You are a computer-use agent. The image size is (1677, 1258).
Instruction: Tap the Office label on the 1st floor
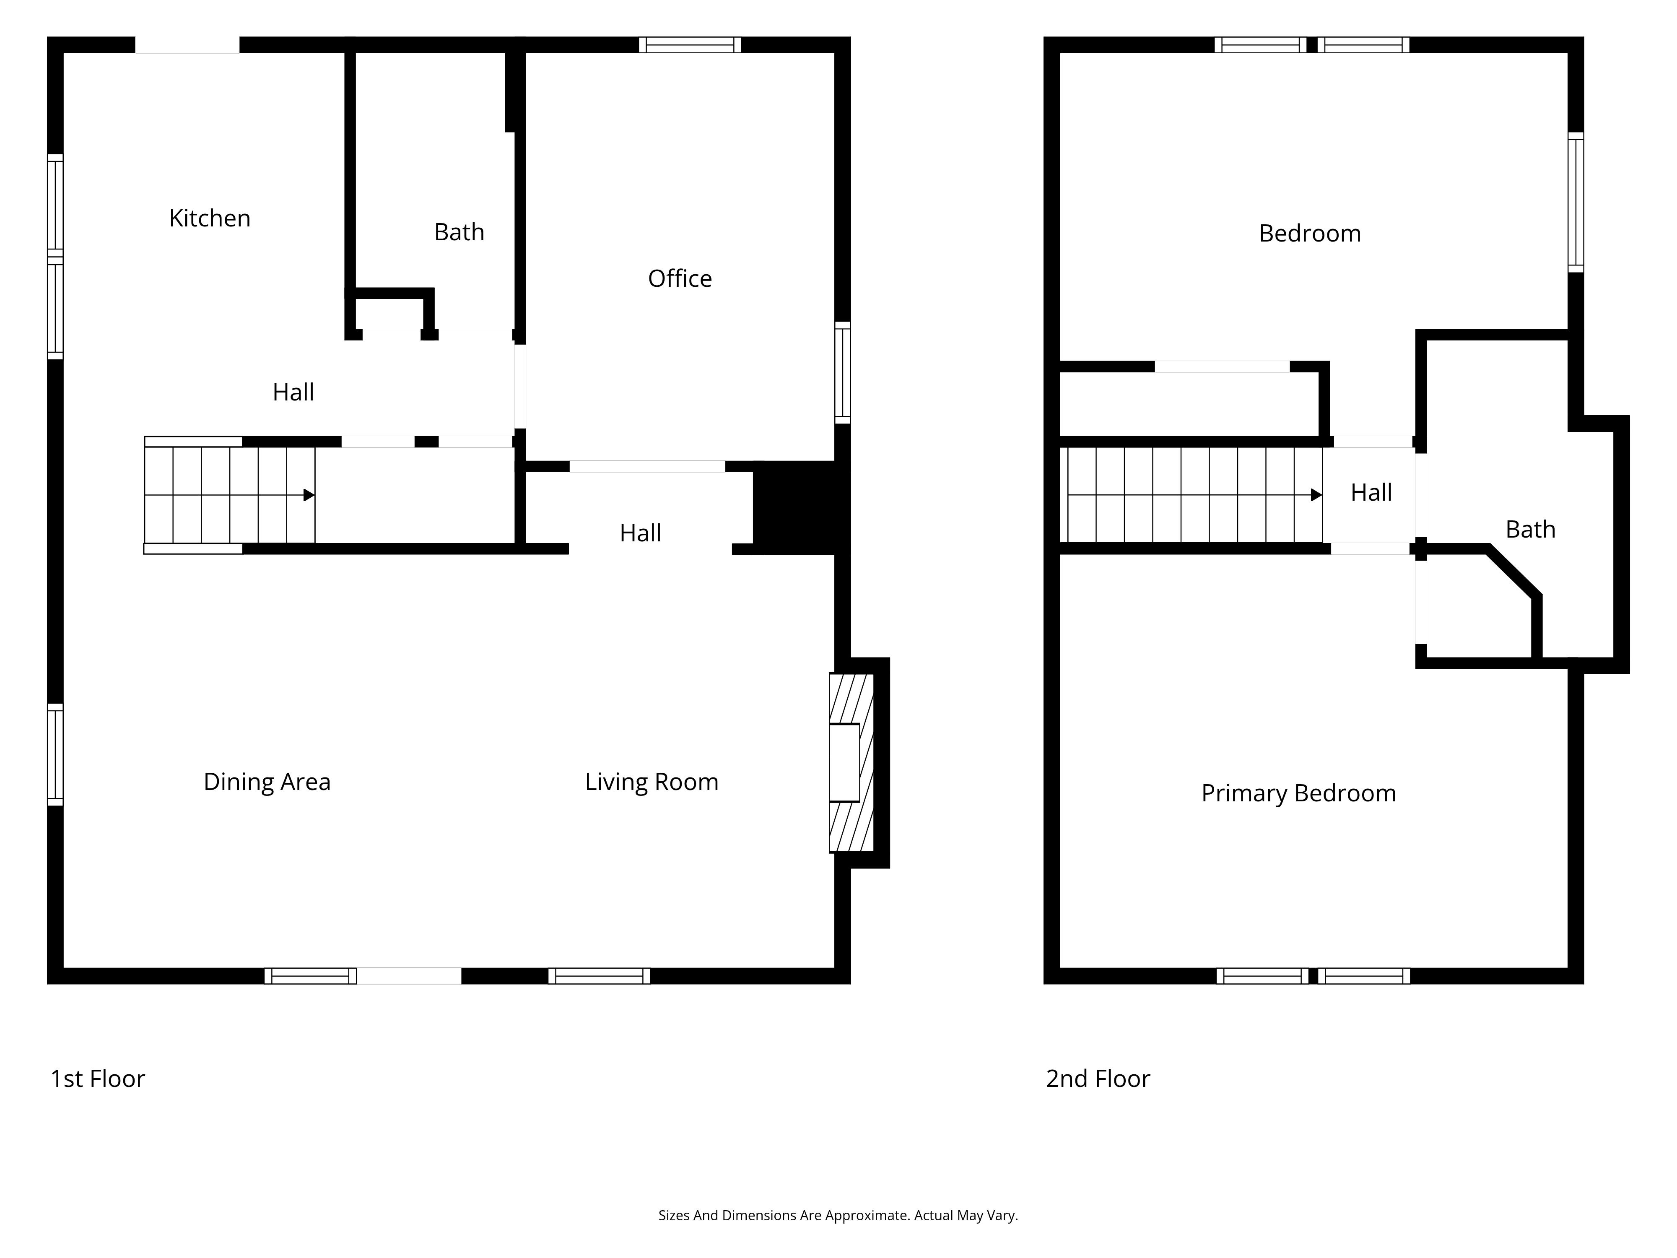680,278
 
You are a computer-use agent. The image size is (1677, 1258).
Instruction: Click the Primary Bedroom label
1299,793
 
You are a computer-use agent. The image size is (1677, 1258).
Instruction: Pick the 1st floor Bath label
459,232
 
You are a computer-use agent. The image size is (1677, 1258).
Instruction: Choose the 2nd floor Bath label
1531,529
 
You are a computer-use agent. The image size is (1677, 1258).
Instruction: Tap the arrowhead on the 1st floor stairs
309,495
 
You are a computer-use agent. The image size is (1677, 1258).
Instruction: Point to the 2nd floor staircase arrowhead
1317,495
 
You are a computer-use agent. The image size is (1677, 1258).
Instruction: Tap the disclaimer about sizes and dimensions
838,1216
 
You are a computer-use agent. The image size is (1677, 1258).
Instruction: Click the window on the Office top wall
690,45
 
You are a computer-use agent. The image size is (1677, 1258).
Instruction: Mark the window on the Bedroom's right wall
1576,203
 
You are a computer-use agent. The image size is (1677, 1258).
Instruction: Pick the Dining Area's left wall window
55,754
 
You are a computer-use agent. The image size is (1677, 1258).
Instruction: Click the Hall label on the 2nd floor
1371,493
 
